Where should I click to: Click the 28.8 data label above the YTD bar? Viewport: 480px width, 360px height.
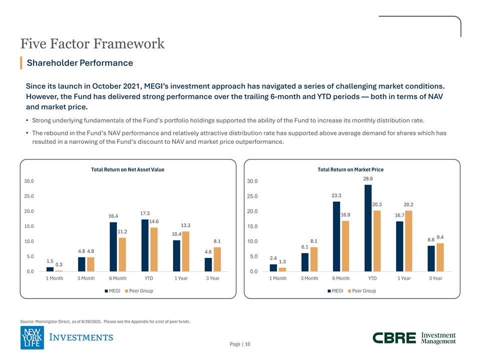pos(368,178)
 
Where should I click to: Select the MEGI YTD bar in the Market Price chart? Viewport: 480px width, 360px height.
pos(368,228)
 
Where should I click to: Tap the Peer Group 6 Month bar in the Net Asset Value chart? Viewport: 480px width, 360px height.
pos(122,254)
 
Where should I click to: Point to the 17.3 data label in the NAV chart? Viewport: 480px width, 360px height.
pos(145,213)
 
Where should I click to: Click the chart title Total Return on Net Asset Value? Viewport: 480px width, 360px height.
pos(127,170)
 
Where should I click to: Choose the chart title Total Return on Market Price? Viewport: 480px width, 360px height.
pos(350,170)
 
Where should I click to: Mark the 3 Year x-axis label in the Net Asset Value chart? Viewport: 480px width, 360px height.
pos(212,278)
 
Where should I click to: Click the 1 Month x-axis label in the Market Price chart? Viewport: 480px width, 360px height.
pos(278,278)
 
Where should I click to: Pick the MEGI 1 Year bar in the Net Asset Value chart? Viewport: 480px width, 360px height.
pos(176,256)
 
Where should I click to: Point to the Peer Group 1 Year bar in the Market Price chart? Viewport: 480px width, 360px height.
pos(408,241)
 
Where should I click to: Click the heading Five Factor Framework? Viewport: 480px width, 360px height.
pos(92,44)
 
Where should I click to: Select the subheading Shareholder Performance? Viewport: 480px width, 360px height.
pos(80,63)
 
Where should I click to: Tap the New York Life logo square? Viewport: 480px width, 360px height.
pos(32,337)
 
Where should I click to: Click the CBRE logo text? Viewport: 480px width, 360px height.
pos(394,338)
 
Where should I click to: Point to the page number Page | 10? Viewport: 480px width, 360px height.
pos(240,344)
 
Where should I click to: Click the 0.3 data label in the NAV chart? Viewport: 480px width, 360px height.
pos(59,264)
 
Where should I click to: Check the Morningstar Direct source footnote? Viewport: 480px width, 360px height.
pos(105,321)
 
